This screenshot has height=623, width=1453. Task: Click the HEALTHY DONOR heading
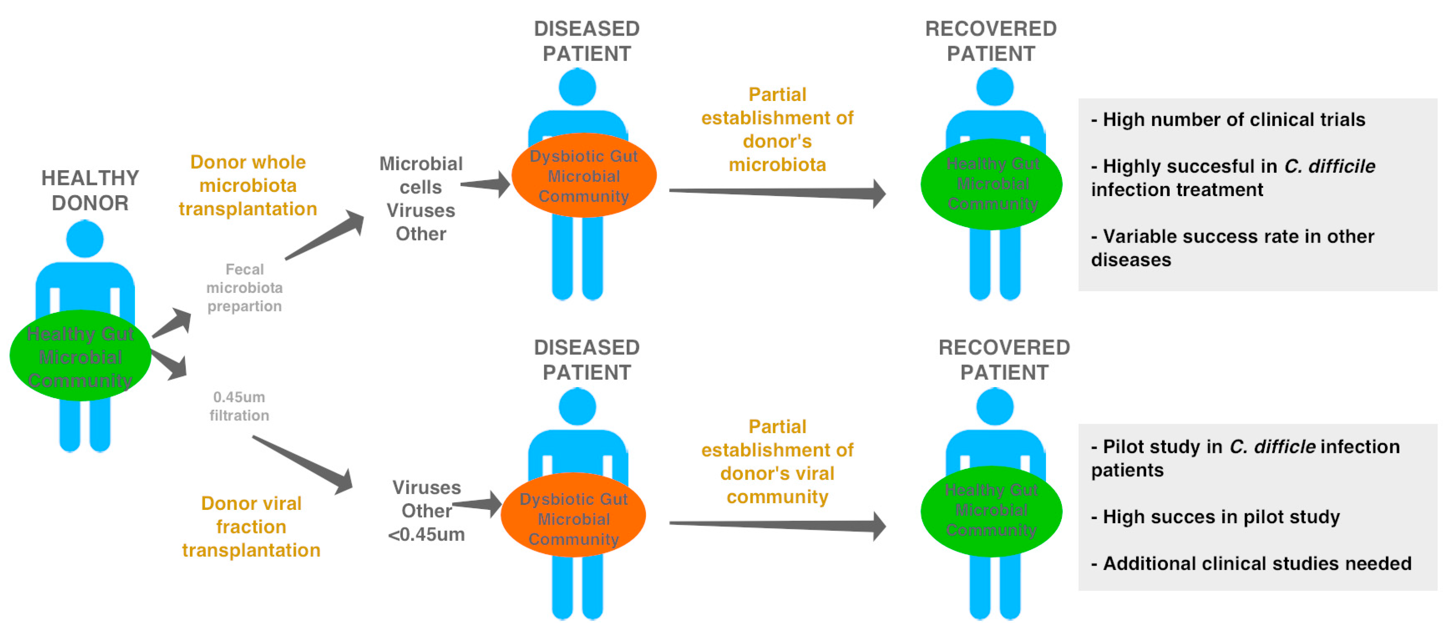pos(90,190)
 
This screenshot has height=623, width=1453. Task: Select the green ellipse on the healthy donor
pos(80,356)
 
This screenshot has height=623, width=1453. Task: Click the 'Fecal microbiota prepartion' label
pos(244,287)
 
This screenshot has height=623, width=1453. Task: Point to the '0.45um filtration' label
pos(239,406)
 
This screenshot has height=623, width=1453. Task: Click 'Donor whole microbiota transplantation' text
pos(248,186)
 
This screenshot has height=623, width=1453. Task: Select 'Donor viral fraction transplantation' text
pos(251,527)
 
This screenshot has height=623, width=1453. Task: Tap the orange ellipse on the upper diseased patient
pos(584,176)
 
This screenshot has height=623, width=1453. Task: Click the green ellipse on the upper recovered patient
pos(991,184)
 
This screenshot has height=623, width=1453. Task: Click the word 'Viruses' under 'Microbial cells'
pos(421,210)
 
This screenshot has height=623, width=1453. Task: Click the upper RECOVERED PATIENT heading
pos(991,41)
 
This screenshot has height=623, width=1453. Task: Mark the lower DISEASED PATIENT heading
pos(586,360)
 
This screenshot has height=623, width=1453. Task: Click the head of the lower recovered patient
pos(994,406)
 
